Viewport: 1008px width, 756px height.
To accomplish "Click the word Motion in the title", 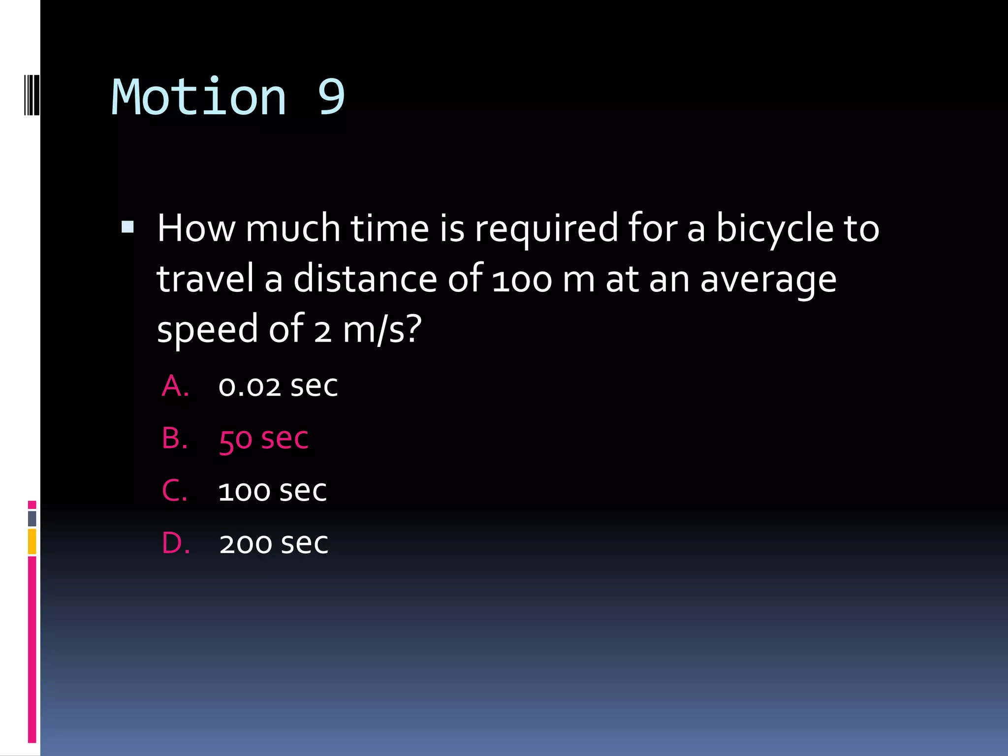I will (199, 97).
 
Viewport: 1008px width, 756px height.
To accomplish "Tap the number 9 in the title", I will (331, 97).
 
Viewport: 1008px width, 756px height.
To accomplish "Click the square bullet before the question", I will (127, 227).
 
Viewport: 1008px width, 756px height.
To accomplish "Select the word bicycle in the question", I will (775, 229).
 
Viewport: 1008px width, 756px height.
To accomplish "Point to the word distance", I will (365, 279).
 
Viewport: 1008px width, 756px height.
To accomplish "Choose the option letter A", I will (175, 386).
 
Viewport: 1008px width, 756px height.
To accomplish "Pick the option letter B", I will (175, 438).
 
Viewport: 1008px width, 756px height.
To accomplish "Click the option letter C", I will (175, 491).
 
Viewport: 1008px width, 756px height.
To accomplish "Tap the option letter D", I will (176, 543).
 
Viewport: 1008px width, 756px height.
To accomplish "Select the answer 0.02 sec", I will (278, 386).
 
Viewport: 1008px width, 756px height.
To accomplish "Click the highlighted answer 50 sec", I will (264, 439).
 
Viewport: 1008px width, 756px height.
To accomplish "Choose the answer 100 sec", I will (273, 491).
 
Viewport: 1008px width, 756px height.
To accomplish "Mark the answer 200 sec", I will (274, 543).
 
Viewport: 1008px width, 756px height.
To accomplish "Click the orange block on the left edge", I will (32, 541).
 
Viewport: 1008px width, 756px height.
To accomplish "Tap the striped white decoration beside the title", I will (31, 94).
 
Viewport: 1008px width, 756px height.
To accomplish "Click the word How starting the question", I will (196, 228).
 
